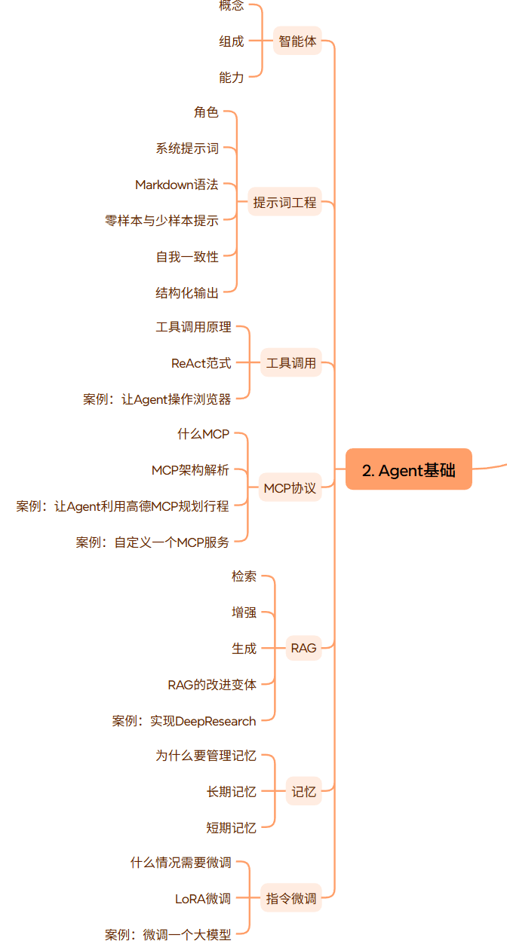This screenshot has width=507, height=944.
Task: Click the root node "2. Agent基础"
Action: (x=409, y=470)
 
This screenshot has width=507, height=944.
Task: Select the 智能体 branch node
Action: (x=297, y=41)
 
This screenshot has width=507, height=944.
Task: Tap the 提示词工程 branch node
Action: (x=284, y=202)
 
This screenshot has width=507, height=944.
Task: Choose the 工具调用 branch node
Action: (x=291, y=363)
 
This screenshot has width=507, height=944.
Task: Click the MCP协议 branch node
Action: (x=290, y=487)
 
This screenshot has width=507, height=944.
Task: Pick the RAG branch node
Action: (x=303, y=647)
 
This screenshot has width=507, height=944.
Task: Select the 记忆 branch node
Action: (x=303, y=791)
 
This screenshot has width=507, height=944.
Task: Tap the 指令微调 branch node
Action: (x=291, y=897)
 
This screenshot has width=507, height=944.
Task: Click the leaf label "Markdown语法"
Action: (x=177, y=185)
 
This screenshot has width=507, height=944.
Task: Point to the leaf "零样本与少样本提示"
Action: (x=161, y=221)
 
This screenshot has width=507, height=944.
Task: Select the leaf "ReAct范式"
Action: (x=201, y=363)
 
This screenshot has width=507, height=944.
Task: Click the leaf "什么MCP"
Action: (x=203, y=434)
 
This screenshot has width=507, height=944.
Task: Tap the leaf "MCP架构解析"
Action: (x=190, y=470)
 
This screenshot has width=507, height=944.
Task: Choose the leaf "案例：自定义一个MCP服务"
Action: (x=152, y=542)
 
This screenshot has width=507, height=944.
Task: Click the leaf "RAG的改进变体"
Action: (x=212, y=684)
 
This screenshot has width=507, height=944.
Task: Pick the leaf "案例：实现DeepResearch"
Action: (x=184, y=721)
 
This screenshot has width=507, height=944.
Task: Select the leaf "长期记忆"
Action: (x=231, y=791)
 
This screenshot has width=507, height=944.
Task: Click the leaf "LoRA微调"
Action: (x=203, y=898)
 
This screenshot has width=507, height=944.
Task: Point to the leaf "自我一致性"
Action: (x=187, y=257)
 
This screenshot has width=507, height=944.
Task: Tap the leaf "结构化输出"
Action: (x=187, y=293)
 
